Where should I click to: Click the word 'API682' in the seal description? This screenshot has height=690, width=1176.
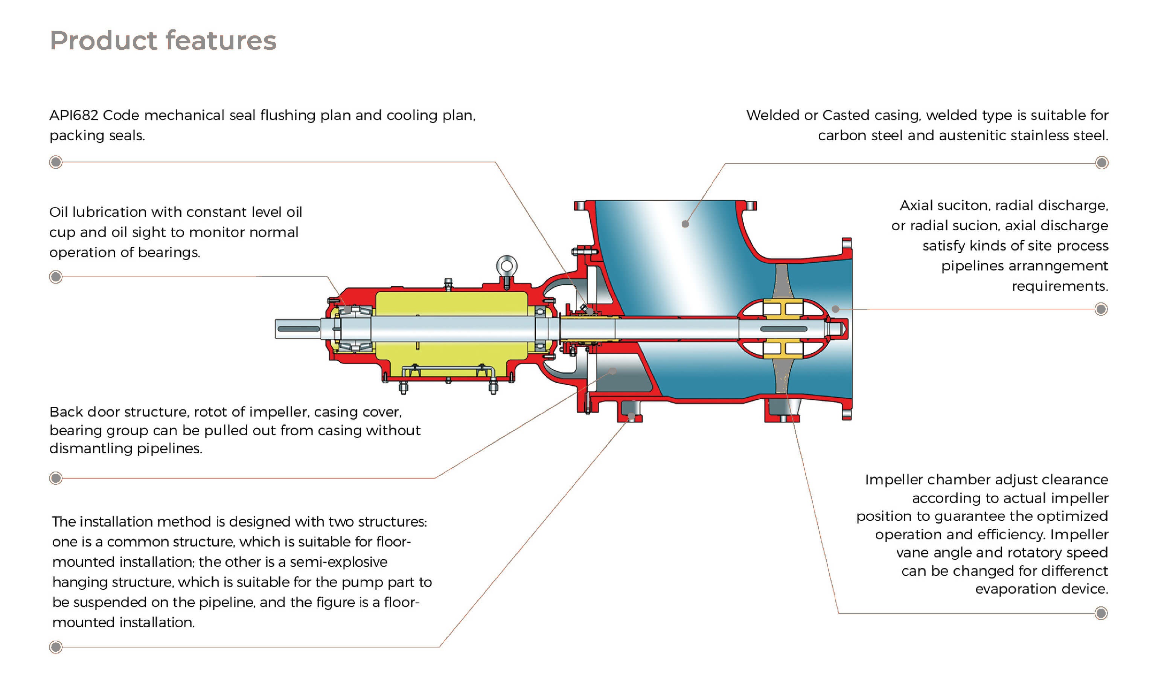(x=74, y=115)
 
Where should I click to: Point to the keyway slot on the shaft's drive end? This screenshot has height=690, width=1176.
(x=299, y=329)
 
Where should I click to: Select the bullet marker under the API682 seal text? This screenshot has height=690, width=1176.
(x=56, y=162)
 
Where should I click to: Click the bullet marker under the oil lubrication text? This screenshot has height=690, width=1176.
(x=56, y=277)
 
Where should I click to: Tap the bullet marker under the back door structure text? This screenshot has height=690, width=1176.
(x=56, y=478)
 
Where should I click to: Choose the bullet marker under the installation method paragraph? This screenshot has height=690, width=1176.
(x=56, y=647)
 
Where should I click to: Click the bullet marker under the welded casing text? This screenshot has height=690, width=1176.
(x=1102, y=162)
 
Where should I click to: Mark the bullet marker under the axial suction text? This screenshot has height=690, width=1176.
(x=1101, y=309)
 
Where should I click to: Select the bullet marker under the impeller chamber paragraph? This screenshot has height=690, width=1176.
(x=1101, y=613)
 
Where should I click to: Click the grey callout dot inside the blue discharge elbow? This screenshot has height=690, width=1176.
(x=685, y=224)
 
